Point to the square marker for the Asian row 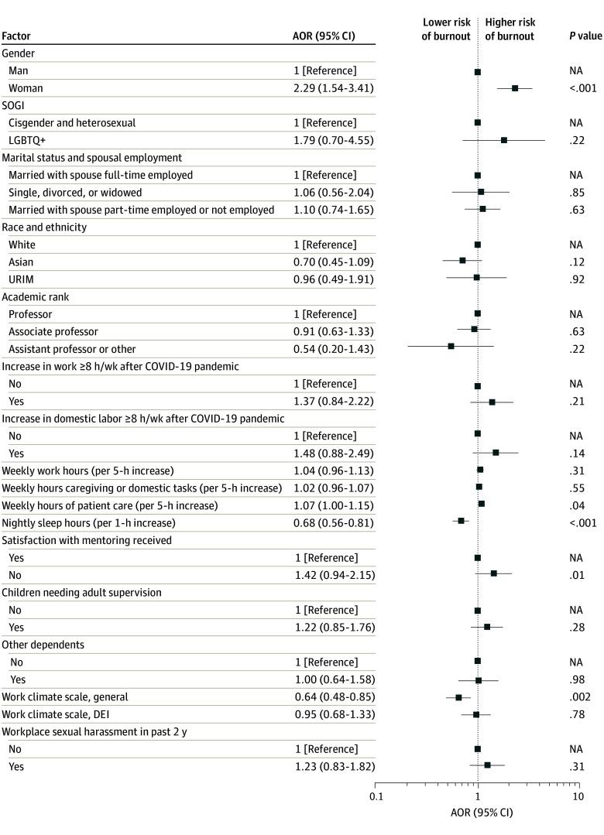[x=462, y=261]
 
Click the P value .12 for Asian [x=577, y=262]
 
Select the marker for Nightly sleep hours [x=461, y=522]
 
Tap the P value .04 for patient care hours [x=577, y=505]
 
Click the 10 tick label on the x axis [x=578, y=796]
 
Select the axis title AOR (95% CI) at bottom [x=481, y=813]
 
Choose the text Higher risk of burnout [x=510, y=29]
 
